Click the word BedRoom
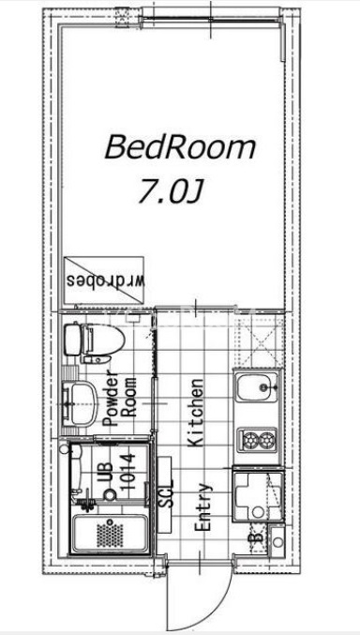pos(180,147)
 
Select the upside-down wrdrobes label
pos(106,280)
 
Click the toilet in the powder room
pos(95,342)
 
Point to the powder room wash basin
pos(80,403)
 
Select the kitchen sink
pos(257,387)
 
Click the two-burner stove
pos(257,440)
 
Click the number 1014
pos(127,472)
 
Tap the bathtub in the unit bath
pos(110,533)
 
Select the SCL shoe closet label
pos(166,494)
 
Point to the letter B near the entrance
pos(256,537)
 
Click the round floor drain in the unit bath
pos(110,494)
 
